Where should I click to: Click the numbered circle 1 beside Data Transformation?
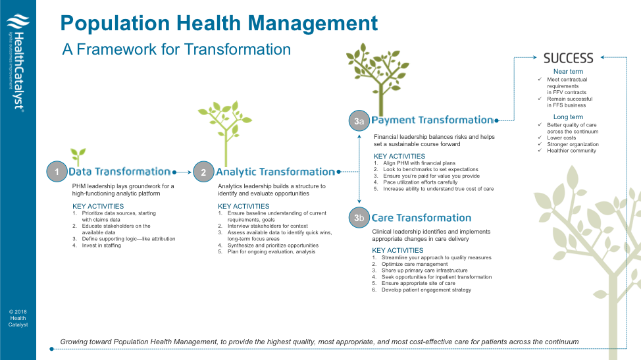tap(57, 172)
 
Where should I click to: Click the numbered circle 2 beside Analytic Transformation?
tap(203, 172)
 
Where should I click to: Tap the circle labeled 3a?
tap(359, 120)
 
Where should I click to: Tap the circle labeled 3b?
tap(359, 218)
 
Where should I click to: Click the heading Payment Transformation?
tap(432, 120)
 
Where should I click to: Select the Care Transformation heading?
tap(421, 218)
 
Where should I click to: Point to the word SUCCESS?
tap(568, 59)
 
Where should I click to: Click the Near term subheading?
tap(567, 72)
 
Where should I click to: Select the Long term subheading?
tap(567, 117)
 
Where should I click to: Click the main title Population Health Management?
tap(219, 24)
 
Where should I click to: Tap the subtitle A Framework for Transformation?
tap(176, 49)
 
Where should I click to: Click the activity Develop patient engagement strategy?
tap(426, 290)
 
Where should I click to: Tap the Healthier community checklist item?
tap(571, 151)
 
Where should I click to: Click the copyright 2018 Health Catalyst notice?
tap(18, 318)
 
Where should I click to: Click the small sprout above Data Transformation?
tap(78, 157)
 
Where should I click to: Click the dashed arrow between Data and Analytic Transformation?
tap(182, 172)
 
